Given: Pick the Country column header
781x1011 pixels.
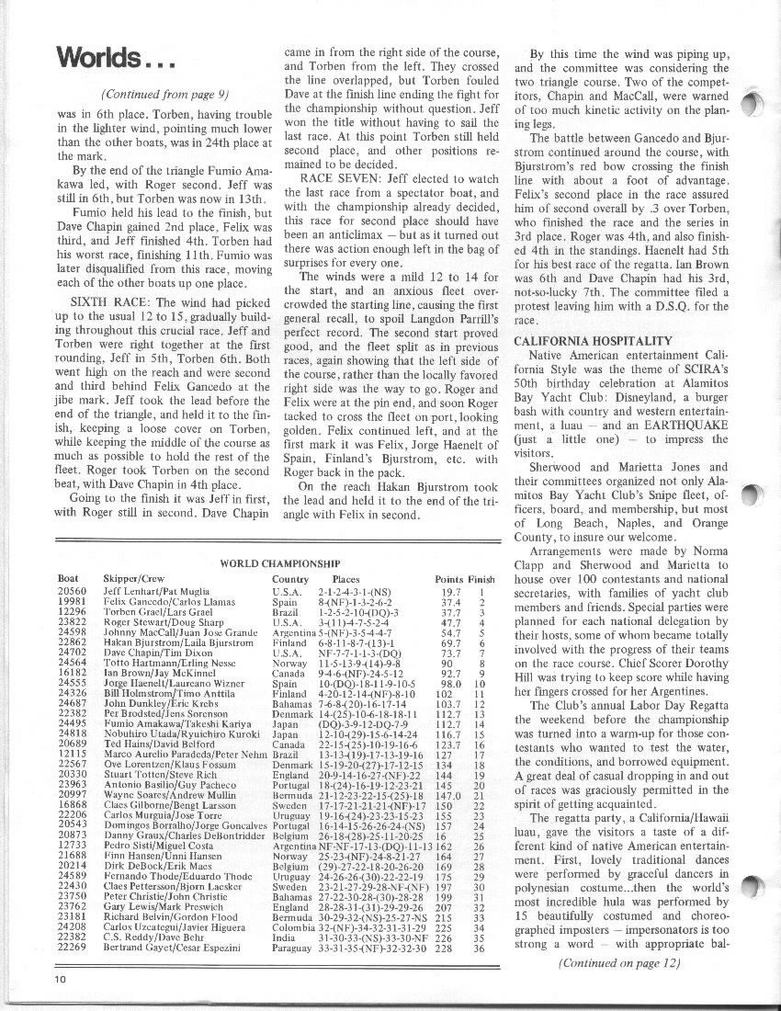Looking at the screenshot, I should tap(290, 579).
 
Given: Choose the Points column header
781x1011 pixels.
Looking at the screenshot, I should tap(448, 579).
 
